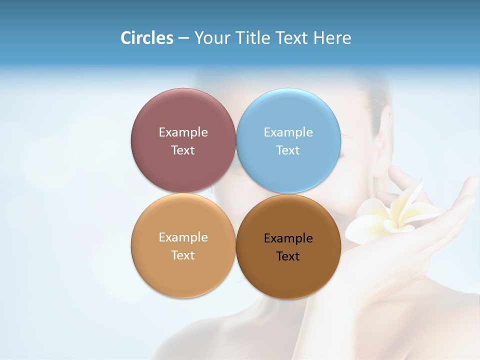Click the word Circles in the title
146,38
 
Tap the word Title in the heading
252,38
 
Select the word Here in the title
332,38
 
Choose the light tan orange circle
183,275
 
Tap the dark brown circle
288,277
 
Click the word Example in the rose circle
183,132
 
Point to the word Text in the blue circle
288,150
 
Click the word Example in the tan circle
183,237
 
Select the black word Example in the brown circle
288,238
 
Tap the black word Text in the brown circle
288,256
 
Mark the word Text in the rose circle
183,150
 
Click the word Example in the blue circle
288,132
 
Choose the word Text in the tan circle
183,255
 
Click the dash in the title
183,38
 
